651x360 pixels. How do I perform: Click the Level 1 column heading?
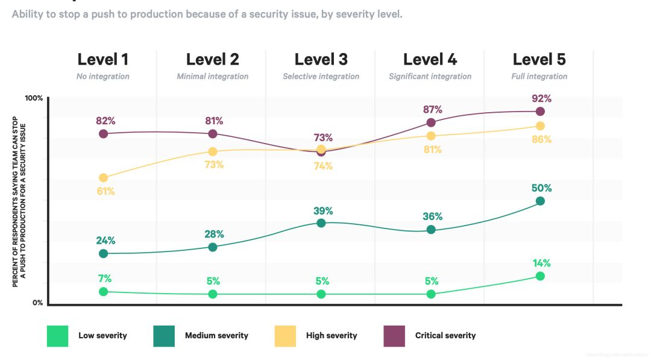102,60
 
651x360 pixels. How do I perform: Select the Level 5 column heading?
539,60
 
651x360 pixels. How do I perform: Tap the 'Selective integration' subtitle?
321,77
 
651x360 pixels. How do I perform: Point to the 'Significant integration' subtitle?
430,77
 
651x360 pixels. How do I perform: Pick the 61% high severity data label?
105,192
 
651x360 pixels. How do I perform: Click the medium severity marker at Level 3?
321,223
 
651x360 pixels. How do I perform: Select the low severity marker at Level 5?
540,276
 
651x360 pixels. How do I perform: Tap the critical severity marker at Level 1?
104,133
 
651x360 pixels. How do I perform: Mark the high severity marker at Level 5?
540,126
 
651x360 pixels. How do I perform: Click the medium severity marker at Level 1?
104,253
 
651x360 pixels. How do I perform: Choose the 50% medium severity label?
541,188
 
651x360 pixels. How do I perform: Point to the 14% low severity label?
541,264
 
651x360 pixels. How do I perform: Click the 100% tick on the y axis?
34,98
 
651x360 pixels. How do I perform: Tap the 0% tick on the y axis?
37,303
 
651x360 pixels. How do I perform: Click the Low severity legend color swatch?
58,336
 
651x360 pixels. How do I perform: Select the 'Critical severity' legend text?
445,336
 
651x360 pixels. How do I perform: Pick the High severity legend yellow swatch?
285,336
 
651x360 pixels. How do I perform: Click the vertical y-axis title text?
19,201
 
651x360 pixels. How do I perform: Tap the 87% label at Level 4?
432,110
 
